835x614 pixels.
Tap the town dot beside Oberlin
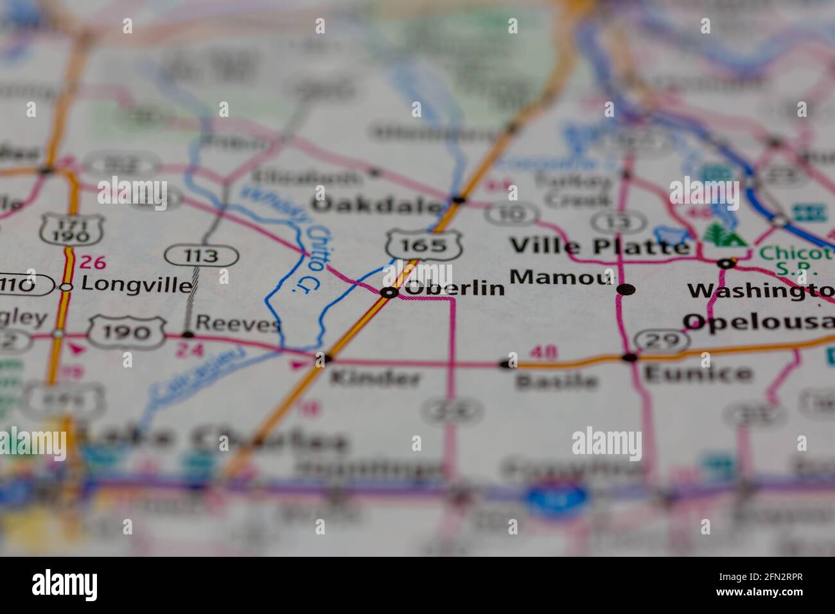click(389, 293)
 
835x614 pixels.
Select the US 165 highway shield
click(416, 245)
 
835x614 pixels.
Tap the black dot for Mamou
click(626, 290)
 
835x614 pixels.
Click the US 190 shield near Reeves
click(126, 331)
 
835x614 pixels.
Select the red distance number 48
click(543, 353)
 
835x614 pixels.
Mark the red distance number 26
click(92, 262)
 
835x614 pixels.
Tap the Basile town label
click(556, 382)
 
